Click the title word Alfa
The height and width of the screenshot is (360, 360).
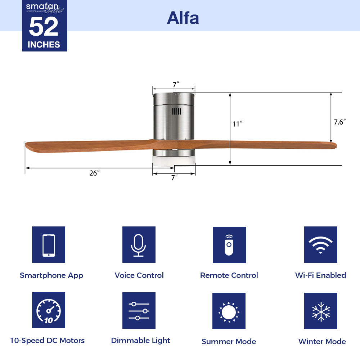[x=183, y=18]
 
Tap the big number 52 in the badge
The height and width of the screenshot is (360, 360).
[x=44, y=27]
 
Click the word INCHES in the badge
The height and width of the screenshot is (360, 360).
[x=44, y=45]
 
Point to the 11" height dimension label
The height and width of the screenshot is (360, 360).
[x=237, y=124]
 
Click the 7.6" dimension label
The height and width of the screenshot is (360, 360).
[x=339, y=122]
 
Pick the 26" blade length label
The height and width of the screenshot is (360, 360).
[x=94, y=173]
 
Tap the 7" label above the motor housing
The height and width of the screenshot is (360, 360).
[x=176, y=85]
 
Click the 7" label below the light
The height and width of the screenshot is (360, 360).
[x=175, y=177]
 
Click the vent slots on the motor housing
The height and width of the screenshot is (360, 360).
[x=176, y=112]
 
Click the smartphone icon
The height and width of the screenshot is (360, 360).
[x=49, y=245]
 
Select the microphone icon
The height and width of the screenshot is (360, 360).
[x=139, y=245]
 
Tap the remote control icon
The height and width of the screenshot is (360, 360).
[x=229, y=245]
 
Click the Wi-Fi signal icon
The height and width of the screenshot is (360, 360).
[x=320, y=245]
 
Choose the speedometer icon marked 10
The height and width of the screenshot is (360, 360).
[x=49, y=310]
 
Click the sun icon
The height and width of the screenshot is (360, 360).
[x=229, y=311]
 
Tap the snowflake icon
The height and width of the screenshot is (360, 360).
[x=320, y=311]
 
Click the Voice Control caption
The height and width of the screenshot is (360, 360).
[x=139, y=275]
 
